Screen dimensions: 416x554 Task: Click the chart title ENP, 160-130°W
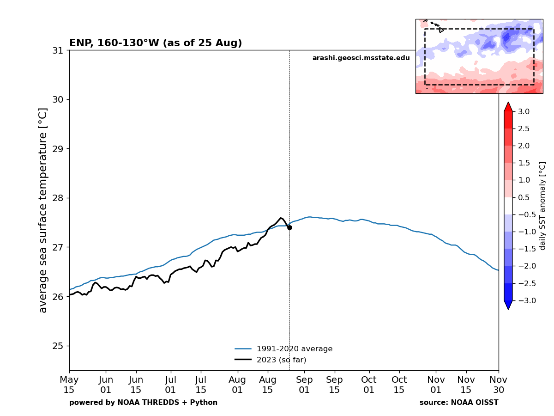(156, 43)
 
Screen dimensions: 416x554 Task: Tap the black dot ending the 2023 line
(289, 227)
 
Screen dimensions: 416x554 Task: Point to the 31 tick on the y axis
(58, 50)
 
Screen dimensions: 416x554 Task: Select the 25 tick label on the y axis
(58, 346)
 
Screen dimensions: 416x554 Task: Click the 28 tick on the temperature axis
(58, 198)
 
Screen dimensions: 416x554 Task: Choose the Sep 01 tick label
(304, 385)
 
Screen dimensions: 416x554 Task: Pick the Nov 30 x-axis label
(499, 385)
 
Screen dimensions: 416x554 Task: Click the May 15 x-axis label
(69, 385)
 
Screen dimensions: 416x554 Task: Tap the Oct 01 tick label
(369, 385)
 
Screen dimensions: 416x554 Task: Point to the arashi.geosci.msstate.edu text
(361, 58)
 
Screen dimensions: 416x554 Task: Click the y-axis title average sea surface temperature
(43, 210)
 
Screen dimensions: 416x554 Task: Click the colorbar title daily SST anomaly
(542, 206)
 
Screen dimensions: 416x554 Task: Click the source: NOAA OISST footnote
(459, 403)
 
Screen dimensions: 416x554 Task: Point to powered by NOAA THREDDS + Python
(143, 403)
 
